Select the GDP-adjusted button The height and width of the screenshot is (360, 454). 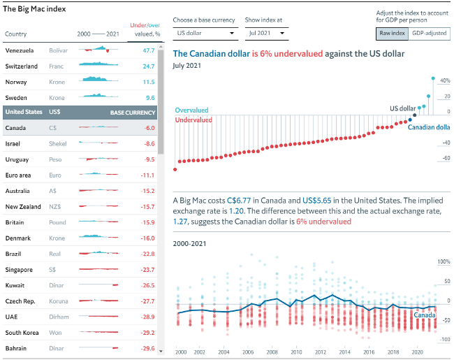(428, 33)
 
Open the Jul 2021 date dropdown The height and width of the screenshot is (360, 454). (266, 33)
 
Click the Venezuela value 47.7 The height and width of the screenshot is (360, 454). (148, 51)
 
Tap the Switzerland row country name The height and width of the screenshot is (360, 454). (22, 66)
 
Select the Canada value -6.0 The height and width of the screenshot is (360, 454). (149, 128)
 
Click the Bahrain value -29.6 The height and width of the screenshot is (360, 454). (147, 348)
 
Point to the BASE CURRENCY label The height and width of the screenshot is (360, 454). (132, 112)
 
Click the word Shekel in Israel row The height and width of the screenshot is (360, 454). (58, 143)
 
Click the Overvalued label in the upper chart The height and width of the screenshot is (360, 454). (191, 110)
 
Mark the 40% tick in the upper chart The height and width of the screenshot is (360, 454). (444, 81)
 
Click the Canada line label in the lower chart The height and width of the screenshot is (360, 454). (425, 315)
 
